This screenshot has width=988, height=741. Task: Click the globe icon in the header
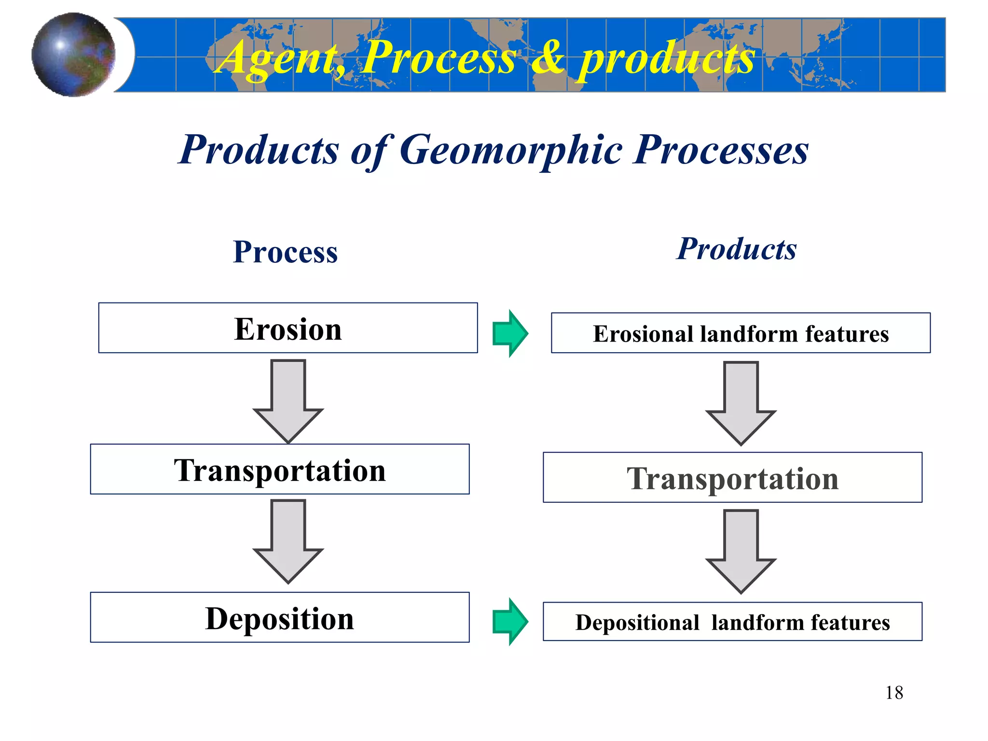(x=73, y=55)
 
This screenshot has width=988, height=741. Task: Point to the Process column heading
(x=285, y=252)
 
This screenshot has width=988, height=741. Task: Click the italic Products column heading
(x=736, y=249)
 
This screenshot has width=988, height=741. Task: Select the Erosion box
(x=288, y=328)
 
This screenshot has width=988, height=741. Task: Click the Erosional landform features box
(x=741, y=333)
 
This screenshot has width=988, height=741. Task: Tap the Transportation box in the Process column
(x=280, y=469)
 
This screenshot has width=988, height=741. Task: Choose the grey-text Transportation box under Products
(x=732, y=478)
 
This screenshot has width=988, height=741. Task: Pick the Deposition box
(x=280, y=617)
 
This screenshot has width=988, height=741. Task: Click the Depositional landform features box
(x=732, y=622)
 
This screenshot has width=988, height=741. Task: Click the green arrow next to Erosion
(x=510, y=333)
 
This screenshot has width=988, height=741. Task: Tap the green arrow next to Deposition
(x=510, y=621)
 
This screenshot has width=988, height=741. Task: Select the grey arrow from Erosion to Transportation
(x=288, y=400)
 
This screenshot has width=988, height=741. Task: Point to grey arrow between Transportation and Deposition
(x=288, y=541)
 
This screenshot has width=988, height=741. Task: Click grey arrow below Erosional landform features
(x=741, y=403)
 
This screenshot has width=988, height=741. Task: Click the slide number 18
(x=894, y=693)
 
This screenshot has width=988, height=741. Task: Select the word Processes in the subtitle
(x=721, y=150)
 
